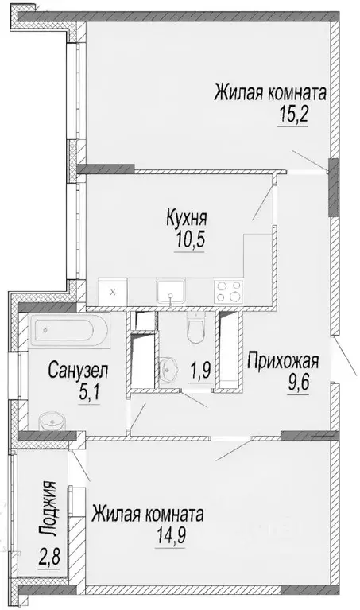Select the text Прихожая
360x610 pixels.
pos(282,363)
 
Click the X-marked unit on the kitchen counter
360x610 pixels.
pos(112,292)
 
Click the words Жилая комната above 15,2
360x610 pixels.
pos(270,92)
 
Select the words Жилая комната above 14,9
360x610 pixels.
pos(148,515)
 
